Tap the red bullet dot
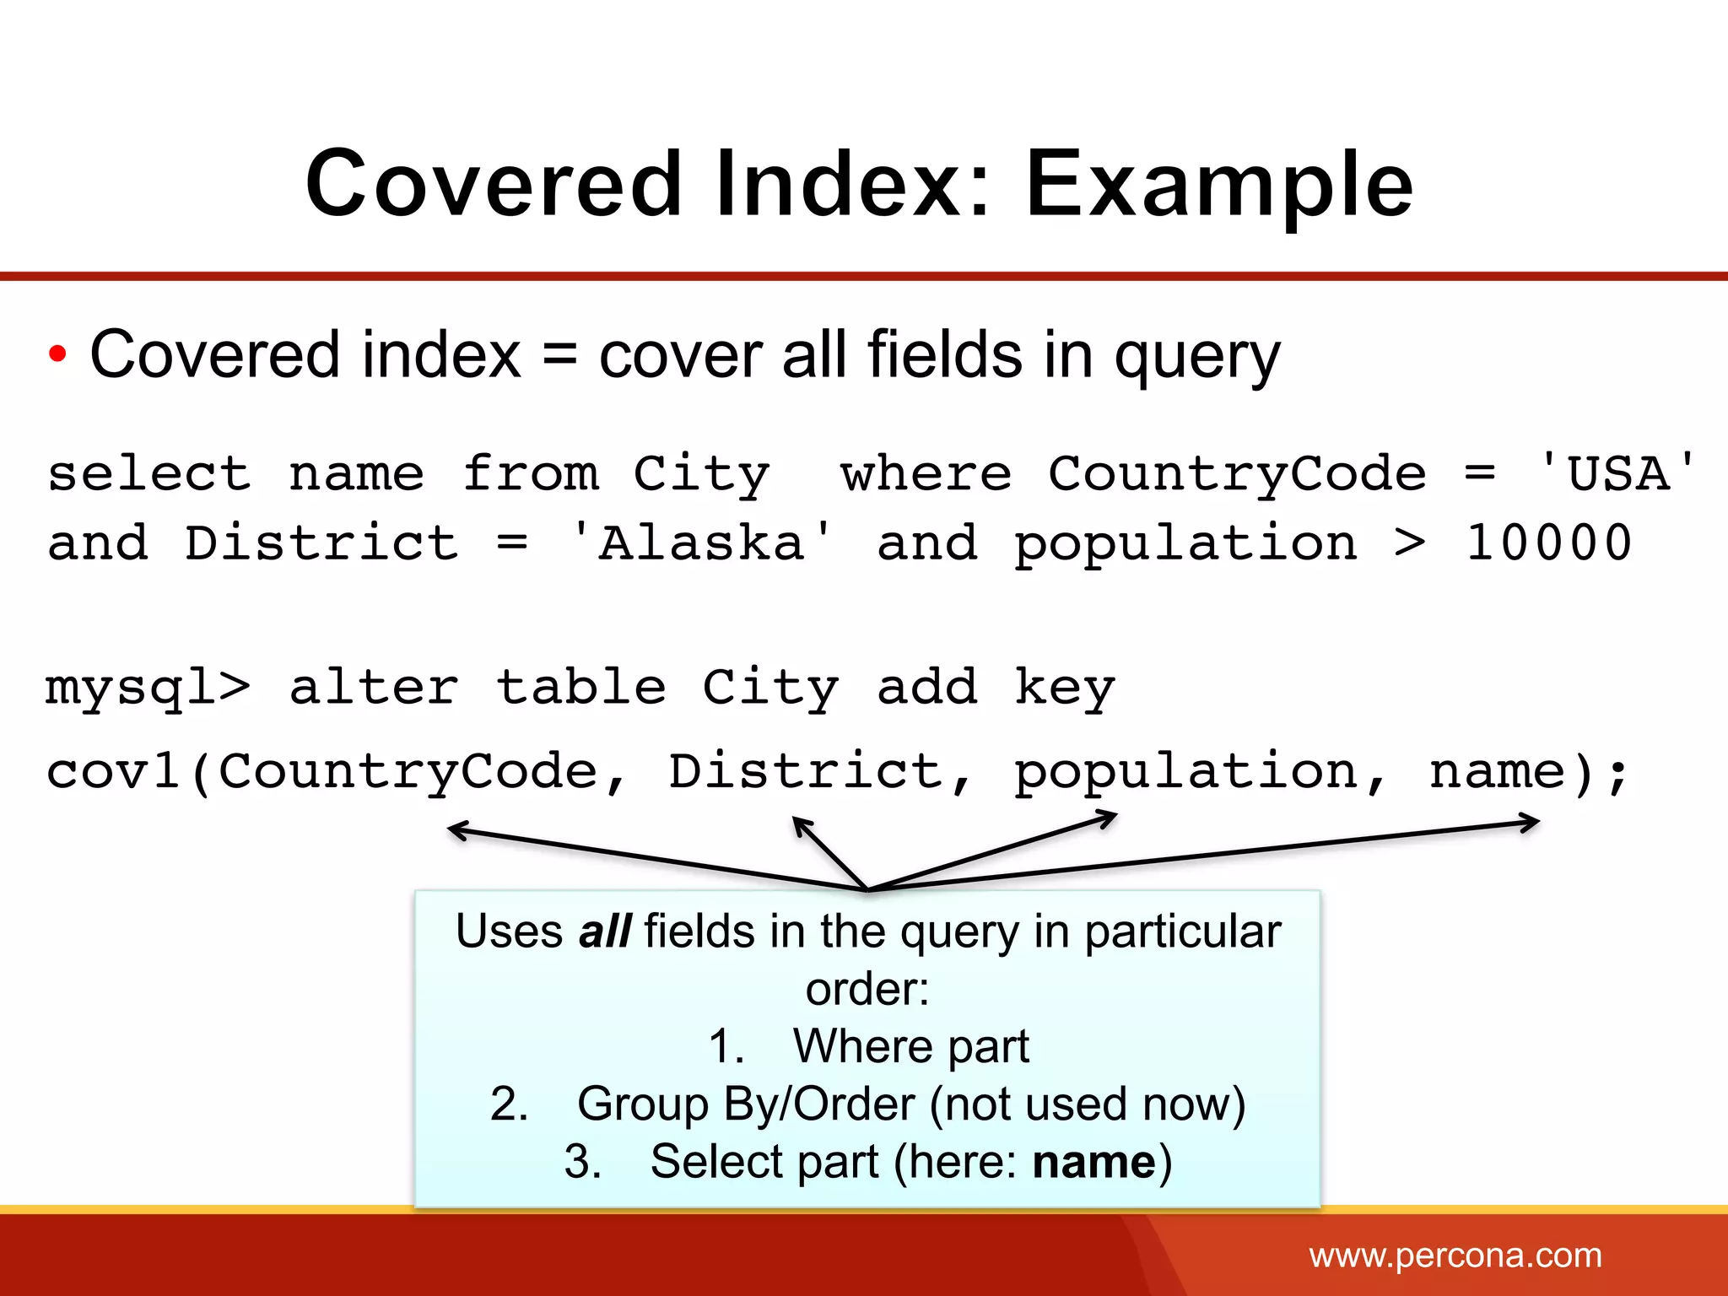(57, 354)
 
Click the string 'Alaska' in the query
(701, 543)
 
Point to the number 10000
(1549, 543)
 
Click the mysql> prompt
(148, 688)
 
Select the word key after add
(1065, 688)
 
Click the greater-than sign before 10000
(1410, 543)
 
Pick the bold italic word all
(605, 932)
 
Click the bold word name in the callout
(1094, 1162)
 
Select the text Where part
(910, 1047)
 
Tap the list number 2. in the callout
(509, 1104)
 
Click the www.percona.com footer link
(1455, 1255)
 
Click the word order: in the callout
(867, 990)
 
